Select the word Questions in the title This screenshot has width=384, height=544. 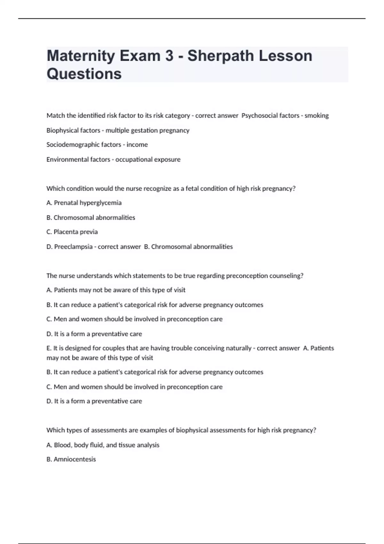click(84, 74)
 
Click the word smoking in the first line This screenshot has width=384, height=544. click(316, 116)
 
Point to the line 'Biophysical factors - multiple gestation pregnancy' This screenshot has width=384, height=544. click(118, 130)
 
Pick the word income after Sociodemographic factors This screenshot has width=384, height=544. click(137, 145)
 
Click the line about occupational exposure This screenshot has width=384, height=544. click(113, 159)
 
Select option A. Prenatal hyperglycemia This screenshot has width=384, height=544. click(84, 203)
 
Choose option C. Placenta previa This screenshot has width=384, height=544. click(72, 232)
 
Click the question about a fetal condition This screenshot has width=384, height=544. click(171, 188)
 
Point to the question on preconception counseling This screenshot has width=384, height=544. click(175, 276)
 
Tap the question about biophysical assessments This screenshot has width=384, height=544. click(181, 430)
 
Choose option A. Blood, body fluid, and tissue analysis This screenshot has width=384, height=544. click(103, 445)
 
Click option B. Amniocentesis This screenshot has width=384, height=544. click(71, 459)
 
